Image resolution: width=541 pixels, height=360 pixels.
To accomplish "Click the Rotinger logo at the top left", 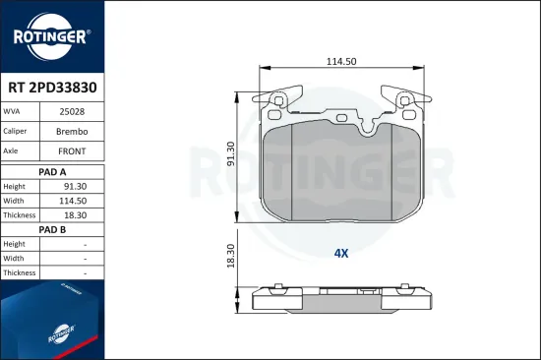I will [x=51, y=36].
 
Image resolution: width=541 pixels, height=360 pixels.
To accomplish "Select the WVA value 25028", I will [x=72, y=112].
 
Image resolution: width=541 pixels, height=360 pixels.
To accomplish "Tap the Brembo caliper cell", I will [x=72, y=132].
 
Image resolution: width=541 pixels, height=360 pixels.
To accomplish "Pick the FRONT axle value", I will [x=72, y=151].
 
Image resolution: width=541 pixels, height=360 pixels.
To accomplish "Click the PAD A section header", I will [x=51, y=170].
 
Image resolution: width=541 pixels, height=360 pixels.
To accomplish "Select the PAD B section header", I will [x=51, y=229].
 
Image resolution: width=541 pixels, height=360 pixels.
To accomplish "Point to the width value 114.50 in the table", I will [x=72, y=200].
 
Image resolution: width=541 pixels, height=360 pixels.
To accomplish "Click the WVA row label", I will [x=14, y=112].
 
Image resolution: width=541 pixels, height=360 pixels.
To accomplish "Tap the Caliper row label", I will [x=17, y=132].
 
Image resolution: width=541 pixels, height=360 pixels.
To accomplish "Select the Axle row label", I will [x=14, y=151].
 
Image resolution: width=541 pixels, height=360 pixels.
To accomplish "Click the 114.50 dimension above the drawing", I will [x=342, y=61].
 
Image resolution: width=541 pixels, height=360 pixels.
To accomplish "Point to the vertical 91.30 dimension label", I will [x=231, y=154].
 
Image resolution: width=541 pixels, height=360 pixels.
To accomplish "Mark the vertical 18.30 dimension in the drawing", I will [x=231, y=256].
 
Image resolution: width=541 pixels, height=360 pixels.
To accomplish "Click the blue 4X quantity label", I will [x=341, y=253].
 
